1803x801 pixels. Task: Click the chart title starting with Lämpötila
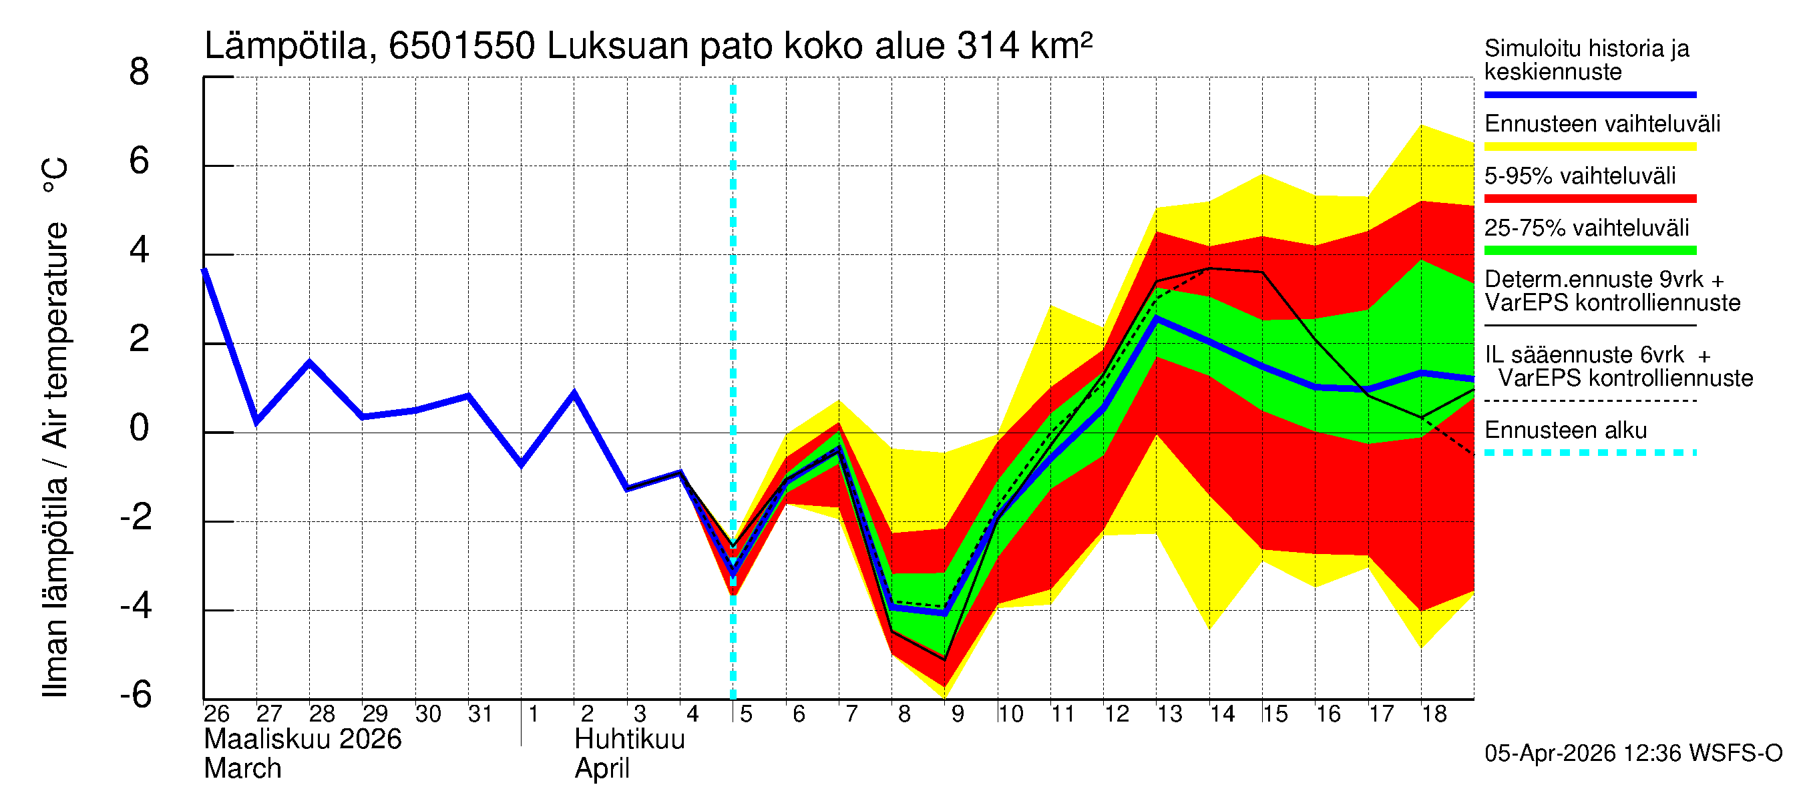(x=648, y=46)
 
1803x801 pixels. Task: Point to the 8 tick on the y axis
(x=140, y=72)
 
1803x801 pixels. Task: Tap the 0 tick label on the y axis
(x=140, y=428)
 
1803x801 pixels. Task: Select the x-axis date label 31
(x=480, y=714)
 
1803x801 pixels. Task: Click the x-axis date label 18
(x=1434, y=714)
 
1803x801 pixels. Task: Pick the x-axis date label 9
(x=957, y=714)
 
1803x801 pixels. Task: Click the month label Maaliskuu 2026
(x=303, y=740)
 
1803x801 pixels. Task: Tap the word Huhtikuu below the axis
(x=629, y=740)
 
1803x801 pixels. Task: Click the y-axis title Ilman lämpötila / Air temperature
(x=56, y=427)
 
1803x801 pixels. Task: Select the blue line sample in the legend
(x=1589, y=94)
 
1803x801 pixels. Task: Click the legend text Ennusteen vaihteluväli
(x=1601, y=124)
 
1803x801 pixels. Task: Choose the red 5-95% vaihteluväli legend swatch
(x=1589, y=199)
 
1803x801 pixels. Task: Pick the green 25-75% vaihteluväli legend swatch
(x=1589, y=250)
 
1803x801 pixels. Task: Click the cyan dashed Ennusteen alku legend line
(x=1589, y=453)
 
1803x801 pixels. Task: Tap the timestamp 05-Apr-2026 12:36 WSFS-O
(x=1633, y=754)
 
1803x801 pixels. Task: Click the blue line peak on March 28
(x=309, y=362)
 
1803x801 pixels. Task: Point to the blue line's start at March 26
(x=204, y=270)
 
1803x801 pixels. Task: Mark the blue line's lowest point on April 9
(x=944, y=613)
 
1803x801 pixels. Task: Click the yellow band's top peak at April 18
(x=1421, y=125)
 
